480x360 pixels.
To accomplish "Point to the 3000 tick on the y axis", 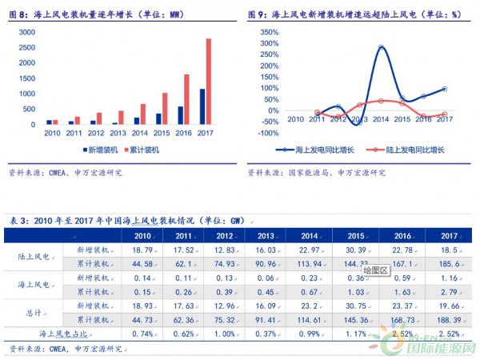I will pos(27,32).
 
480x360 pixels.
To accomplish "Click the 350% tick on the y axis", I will pos(268,32).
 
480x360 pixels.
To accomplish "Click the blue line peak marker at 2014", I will pos(381,47).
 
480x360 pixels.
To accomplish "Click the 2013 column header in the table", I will pos(267,236).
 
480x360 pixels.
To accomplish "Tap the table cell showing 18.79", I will pos(143,250).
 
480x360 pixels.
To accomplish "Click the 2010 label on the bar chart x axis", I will pos(52,133).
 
